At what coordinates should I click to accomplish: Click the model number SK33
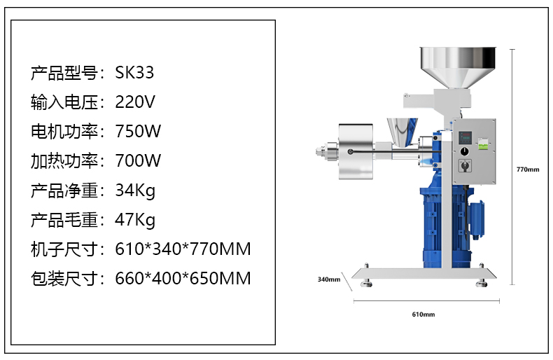(x=134, y=73)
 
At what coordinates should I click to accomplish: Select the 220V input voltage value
(x=134, y=102)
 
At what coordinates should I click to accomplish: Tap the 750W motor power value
(x=138, y=131)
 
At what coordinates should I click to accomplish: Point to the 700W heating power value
(x=138, y=160)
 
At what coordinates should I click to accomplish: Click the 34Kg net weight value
(x=135, y=191)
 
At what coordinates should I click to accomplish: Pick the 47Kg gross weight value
(x=135, y=220)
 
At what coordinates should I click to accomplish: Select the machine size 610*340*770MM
(x=183, y=249)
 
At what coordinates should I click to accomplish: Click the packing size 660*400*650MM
(x=183, y=278)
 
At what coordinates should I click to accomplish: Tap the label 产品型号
(x=64, y=73)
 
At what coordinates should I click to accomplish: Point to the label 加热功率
(x=64, y=160)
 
